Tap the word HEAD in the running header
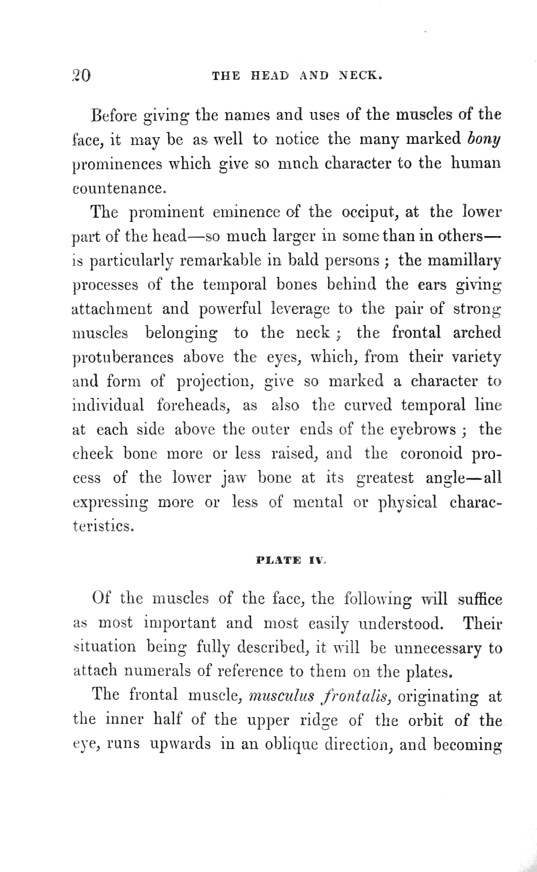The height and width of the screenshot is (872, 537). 270,75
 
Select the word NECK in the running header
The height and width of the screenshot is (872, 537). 361,75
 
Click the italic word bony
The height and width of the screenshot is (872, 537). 484,139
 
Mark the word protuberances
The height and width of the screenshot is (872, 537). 122,357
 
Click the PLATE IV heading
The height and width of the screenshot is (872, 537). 292,560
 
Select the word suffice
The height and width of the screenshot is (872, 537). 479,599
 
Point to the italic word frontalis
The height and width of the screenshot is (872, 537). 357,696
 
